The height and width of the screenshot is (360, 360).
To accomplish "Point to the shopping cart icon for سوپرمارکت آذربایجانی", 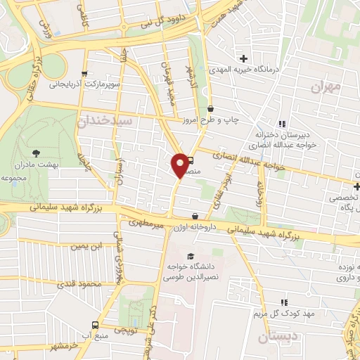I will [85, 73].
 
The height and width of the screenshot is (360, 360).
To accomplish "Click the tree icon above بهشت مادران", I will [36, 152].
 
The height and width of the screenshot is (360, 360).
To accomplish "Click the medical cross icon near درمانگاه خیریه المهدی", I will [244, 58].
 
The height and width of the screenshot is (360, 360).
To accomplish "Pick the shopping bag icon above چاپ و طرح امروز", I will [211, 109].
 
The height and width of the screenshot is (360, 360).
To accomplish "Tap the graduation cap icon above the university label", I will [190, 255].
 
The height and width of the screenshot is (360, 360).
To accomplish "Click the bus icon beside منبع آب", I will [95, 325].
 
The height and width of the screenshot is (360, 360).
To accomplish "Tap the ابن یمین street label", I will [84, 246].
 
